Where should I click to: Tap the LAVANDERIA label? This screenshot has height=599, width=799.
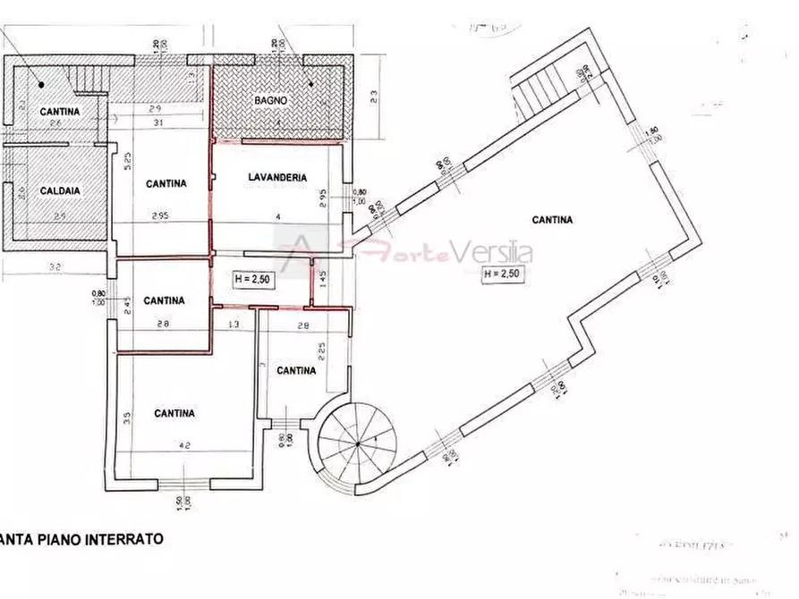click(276, 178)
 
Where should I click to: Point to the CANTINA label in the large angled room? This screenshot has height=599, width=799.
click(552, 219)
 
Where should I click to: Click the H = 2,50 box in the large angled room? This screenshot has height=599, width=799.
click(501, 274)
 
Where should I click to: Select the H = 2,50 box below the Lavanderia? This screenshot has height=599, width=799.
click(252, 279)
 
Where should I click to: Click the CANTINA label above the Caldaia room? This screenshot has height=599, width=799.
click(59, 112)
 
